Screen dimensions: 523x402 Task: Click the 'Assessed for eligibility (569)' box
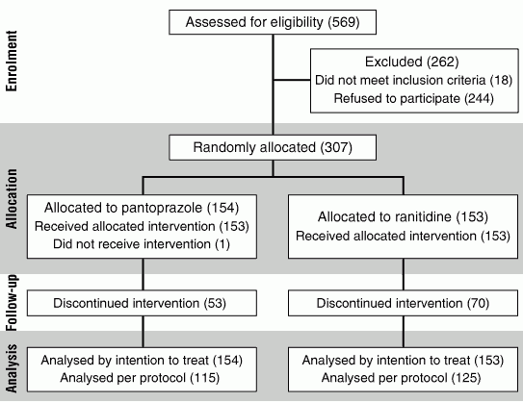(273, 22)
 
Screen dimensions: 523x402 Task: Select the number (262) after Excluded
(443, 62)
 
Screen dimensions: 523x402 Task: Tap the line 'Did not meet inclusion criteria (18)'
(413, 80)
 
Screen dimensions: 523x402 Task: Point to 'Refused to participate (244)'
(413, 99)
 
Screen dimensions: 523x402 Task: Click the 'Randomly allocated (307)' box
(273, 147)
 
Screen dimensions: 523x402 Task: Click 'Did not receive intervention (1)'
(142, 244)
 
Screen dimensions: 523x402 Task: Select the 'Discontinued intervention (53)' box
(142, 303)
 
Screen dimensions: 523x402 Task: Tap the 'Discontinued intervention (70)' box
(403, 303)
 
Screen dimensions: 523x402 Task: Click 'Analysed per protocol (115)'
(140, 378)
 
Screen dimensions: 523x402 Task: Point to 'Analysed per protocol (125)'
(401, 378)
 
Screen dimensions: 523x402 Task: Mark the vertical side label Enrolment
(12, 61)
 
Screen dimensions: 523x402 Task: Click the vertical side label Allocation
(12, 199)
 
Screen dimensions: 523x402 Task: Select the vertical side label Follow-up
(12, 302)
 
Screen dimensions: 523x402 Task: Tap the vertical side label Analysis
(12, 368)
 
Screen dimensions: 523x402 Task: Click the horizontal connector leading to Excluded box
(292, 80)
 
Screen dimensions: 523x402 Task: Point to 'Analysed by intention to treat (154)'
(142, 361)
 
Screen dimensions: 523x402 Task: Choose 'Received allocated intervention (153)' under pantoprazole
(142, 226)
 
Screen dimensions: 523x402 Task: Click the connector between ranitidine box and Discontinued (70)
(404, 274)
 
